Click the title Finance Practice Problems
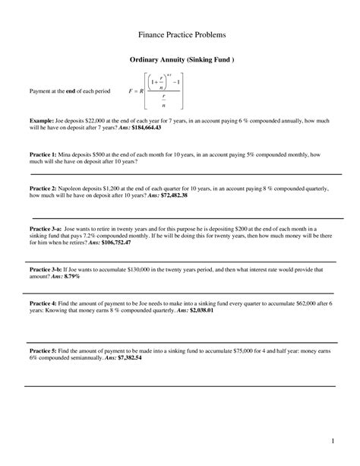[x=180, y=35]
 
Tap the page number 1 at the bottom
[x=333, y=441]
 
